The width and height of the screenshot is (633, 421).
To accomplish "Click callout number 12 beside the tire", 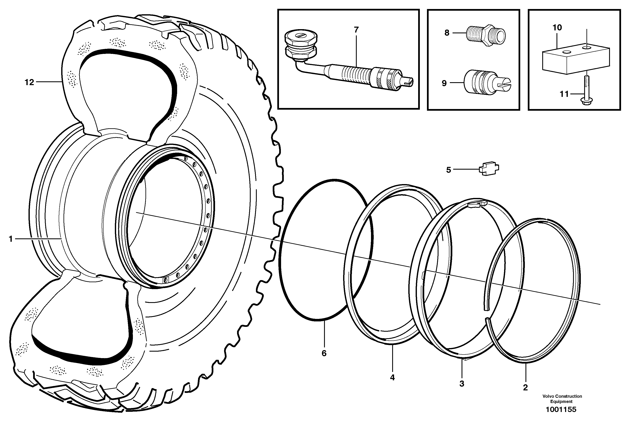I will click(x=29, y=82).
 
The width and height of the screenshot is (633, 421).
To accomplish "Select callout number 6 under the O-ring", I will click(x=324, y=353).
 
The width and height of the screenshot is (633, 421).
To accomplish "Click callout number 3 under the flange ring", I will click(x=462, y=384).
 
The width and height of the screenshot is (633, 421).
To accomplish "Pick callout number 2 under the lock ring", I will click(x=525, y=387).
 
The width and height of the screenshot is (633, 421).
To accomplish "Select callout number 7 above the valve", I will click(x=356, y=30).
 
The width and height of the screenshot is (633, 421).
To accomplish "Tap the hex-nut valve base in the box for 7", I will click(x=301, y=47).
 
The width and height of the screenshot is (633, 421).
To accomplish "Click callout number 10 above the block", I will click(x=557, y=27).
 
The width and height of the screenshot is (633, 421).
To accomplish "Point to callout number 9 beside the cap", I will click(x=444, y=83).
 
